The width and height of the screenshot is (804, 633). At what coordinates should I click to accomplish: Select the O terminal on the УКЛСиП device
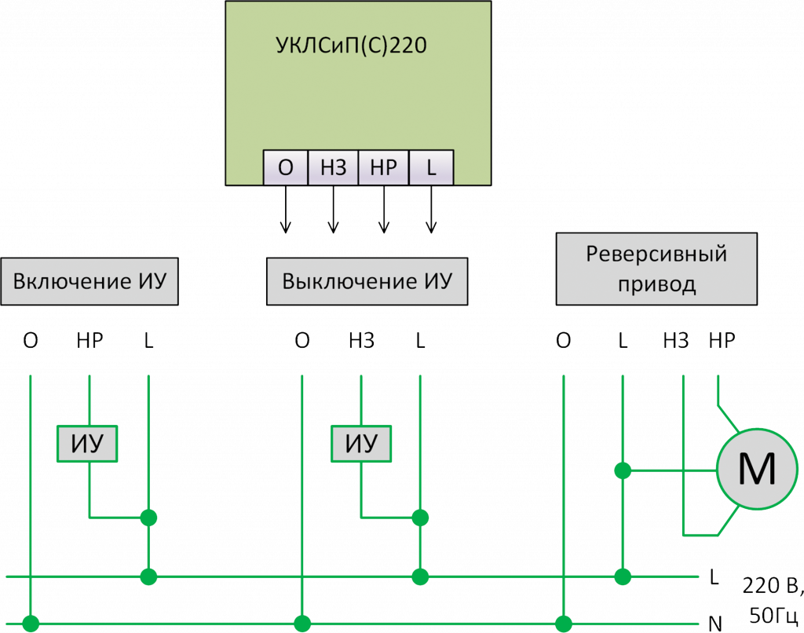(x=286, y=167)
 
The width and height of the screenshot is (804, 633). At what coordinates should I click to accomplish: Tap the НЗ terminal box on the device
(x=333, y=167)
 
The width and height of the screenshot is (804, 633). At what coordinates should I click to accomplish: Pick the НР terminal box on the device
(x=383, y=167)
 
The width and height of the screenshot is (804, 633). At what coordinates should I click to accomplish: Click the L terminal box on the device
(x=430, y=167)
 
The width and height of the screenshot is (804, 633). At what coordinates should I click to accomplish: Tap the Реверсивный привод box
(x=656, y=269)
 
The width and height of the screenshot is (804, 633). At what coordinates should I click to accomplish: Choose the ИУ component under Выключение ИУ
(x=361, y=445)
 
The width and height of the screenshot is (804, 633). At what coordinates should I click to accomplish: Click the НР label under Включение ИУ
(x=90, y=341)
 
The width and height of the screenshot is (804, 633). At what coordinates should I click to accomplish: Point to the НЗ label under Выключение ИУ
(x=361, y=341)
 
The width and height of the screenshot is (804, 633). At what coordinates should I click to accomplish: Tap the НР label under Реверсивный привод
(x=722, y=340)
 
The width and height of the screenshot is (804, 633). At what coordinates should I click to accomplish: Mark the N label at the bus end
(x=714, y=624)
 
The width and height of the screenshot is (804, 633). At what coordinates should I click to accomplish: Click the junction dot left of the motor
(x=623, y=470)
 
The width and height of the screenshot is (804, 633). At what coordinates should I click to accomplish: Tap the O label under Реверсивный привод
(x=563, y=341)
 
